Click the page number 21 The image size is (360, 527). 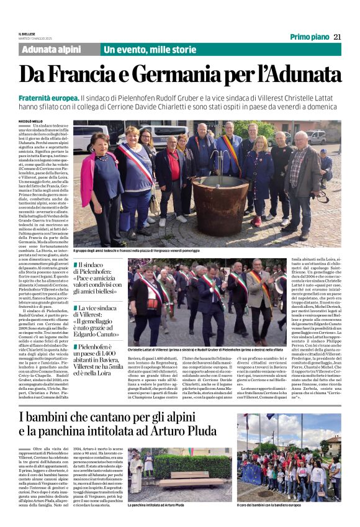coord(337,37)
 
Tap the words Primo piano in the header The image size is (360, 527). coord(309,37)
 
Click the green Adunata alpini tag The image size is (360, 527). coord(51,50)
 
